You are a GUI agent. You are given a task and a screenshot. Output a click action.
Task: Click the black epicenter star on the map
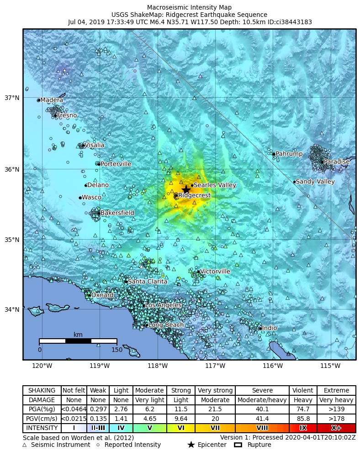click(x=186, y=189)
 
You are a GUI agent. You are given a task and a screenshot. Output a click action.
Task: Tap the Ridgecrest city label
click(x=194, y=195)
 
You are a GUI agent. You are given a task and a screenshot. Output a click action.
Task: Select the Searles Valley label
click(x=215, y=185)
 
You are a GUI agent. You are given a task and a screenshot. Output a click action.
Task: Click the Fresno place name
click(x=67, y=115)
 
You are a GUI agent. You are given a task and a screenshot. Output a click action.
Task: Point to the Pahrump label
click(x=289, y=154)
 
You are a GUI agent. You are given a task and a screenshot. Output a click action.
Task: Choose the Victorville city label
click(x=215, y=272)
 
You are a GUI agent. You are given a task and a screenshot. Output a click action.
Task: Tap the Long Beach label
click(x=166, y=325)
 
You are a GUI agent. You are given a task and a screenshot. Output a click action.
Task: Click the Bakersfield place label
click(x=117, y=213)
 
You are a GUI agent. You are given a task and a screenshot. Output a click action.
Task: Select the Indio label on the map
click(x=270, y=328)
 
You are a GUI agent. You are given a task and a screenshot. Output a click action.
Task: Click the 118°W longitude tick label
click(x=158, y=366)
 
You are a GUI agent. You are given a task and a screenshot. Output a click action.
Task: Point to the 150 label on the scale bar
click(x=117, y=350)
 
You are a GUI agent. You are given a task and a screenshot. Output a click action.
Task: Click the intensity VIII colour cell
click(x=262, y=428)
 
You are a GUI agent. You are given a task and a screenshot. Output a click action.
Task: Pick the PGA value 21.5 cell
click(x=215, y=409)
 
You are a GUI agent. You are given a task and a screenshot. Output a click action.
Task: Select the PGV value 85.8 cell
click(x=303, y=419)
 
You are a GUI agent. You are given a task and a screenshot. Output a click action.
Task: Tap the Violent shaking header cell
click(x=303, y=391)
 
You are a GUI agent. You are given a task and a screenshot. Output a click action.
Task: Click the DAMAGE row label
click(x=42, y=400)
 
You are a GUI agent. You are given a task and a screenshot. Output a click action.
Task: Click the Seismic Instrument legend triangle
click(x=25, y=445)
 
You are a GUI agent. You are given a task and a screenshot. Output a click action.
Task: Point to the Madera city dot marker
click(x=39, y=100)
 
